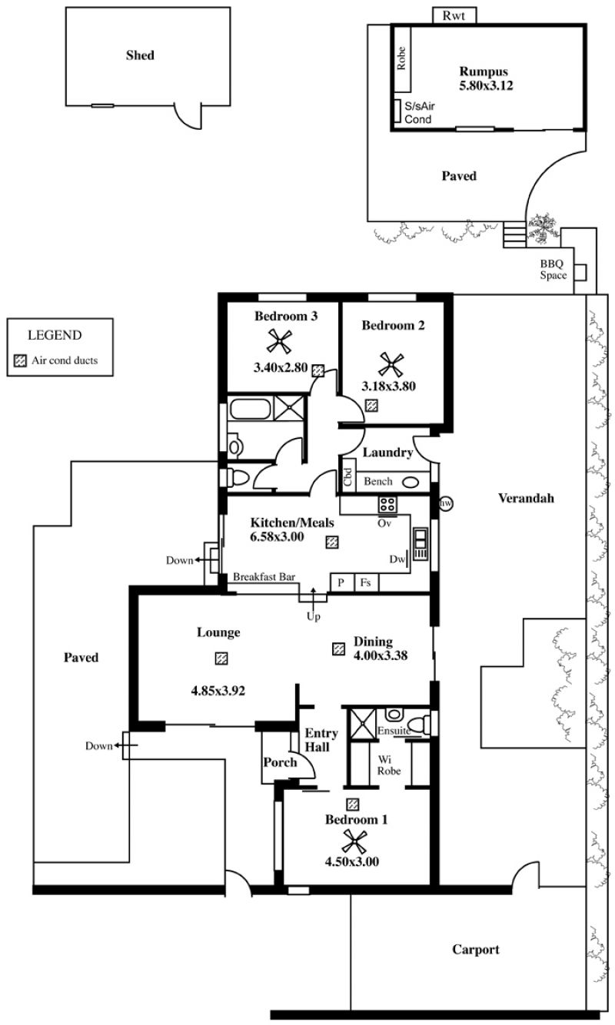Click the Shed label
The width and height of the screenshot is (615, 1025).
pos(140,55)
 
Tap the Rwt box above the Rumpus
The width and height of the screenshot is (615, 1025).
pos(454,15)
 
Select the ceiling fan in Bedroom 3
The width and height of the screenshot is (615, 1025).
pos(278,340)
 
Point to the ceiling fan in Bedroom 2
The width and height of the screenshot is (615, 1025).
pos(392,363)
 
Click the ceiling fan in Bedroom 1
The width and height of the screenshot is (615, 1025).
pos(355,841)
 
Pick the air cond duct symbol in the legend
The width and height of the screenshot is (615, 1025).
pos(21,360)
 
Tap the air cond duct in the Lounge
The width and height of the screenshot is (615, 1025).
pos(221,658)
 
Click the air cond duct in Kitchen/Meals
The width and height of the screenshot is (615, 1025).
pos(331,542)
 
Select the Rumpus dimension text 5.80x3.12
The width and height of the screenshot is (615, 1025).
pos(486,86)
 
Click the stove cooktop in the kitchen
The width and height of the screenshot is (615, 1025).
pos(386,505)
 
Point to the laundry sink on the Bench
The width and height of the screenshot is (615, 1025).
pos(411,483)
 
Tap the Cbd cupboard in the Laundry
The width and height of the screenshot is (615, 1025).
pos(348,479)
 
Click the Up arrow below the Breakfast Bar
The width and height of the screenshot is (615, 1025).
pos(313,601)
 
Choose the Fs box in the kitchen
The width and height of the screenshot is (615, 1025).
pos(366,583)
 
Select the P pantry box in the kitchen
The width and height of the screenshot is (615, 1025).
pos(340,583)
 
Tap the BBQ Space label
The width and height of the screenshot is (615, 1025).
pos(553,269)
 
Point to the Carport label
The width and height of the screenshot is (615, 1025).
pos(475,950)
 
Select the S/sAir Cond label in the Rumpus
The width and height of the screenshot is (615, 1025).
pos(418,114)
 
